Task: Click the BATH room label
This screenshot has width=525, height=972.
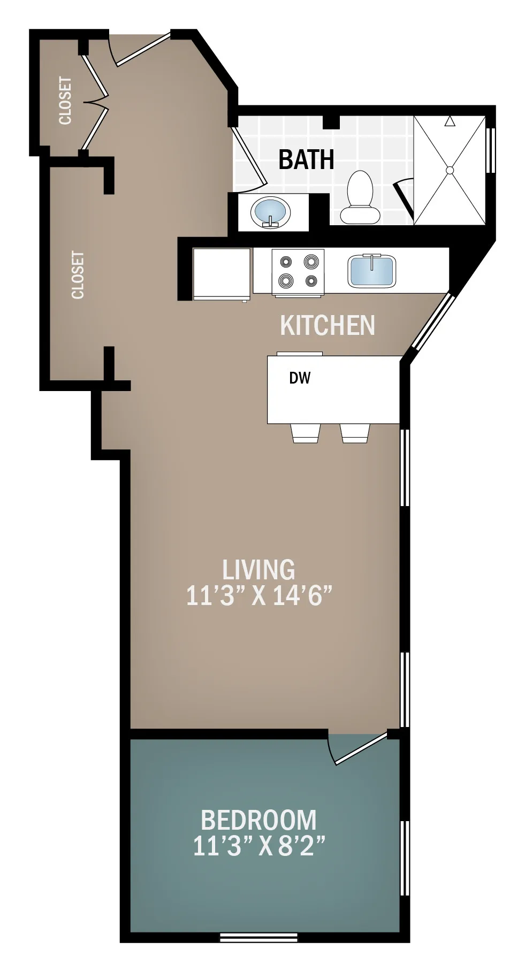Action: pyautogui.click(x=306, y=159)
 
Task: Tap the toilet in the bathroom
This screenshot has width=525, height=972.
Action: pyautogui.click(x=360, y=197)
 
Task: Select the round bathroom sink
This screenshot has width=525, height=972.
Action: pyautogui.click(x=270, y=212)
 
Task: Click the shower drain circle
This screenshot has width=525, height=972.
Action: pyautogui.click(x=450, y=170)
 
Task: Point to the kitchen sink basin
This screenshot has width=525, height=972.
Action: pyautogui.click(x=372, y=271)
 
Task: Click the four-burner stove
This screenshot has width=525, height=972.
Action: pyautogui.click(x=298, y=271)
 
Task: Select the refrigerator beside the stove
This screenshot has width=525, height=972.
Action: pyautogui.click(x=222, y=273)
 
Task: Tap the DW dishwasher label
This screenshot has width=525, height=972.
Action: pyautogui.click(x=300, y=378)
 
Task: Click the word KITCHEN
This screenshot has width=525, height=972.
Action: pyautogui.click(x=328, y=325)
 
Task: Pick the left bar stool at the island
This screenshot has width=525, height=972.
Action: pyautogui.click(x=306, y=433)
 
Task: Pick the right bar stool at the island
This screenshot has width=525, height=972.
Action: pyautogui.click(x=355, y=433)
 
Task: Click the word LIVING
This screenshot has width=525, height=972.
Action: pyautogui.click(x=258, y=570)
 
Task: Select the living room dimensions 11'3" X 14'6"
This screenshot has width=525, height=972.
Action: pyautogui.click(x=259, y=595)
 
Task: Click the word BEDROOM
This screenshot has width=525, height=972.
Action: pyautogui.click(x=258, y=820)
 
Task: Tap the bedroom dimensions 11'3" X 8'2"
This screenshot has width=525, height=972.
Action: pyautogui.click(x=259, y=846)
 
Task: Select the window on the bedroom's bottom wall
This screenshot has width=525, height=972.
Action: pyautogui.click(x=258, y=937)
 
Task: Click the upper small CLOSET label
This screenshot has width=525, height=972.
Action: pyautogui.click(x=65, y=101)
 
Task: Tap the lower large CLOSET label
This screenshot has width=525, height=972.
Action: pyautogui.click(x=78, y=275)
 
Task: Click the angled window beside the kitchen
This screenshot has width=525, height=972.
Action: pyautogui.click(x=432, y=322)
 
